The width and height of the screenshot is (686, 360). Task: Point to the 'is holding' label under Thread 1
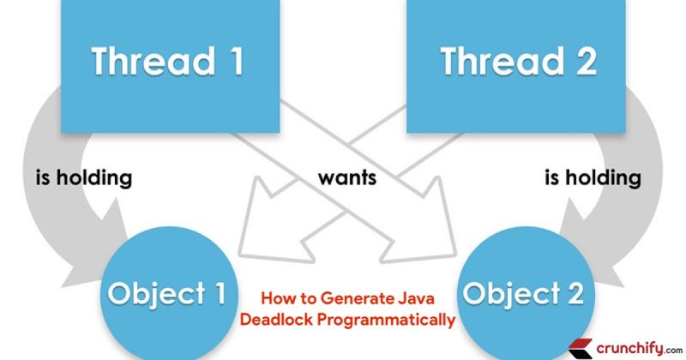click(83, 179)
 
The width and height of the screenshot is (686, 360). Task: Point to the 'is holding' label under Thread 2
click(593, 179)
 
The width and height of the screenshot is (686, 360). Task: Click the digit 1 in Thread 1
click(232, 62)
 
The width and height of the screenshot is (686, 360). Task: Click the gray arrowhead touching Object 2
click(592, 249)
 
